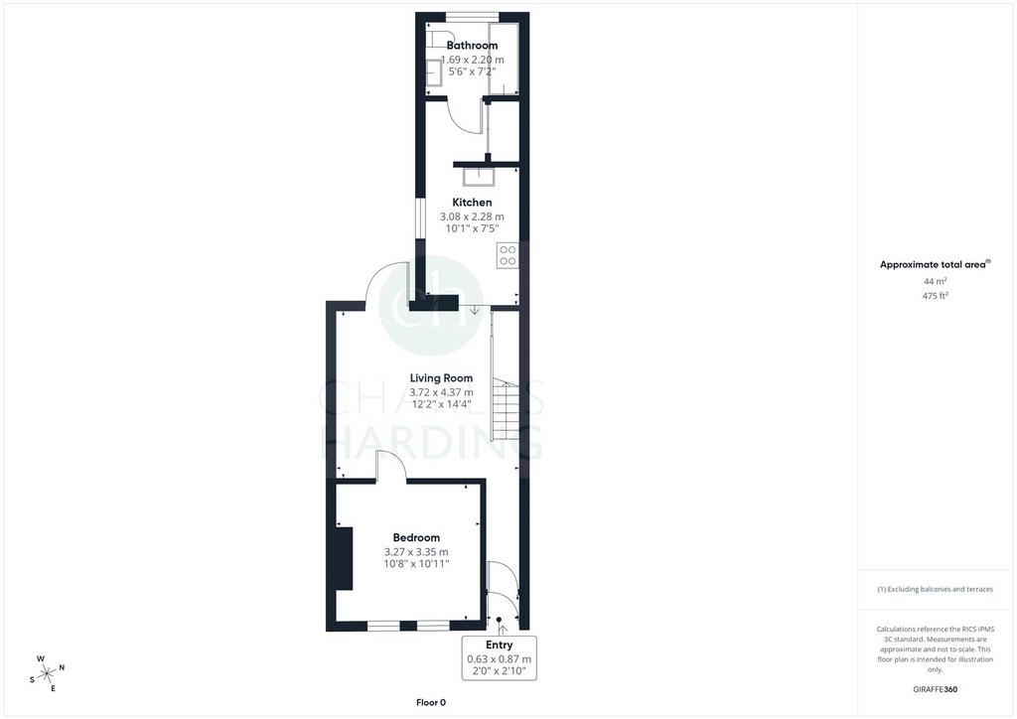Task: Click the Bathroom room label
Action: [472, 46]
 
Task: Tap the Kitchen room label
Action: [472, 203]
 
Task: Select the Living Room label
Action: [441, 378]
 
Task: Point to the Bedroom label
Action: [416, 537]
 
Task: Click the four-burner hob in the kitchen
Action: [508, 255]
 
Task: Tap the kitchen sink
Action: [479, 177]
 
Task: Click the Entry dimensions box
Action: [500, 658]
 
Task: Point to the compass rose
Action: [48, 674]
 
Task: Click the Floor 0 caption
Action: [431, 702]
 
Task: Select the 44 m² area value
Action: [936, 281]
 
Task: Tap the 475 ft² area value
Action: [936, 296]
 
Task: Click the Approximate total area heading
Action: [935, 264]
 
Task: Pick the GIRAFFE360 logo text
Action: [935, 689]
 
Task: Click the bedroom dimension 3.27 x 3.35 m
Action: [416, 552]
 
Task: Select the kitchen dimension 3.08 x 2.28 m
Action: [472, 216]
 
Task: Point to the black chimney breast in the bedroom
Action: [344, 559]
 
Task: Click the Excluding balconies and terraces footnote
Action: [935, 589]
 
